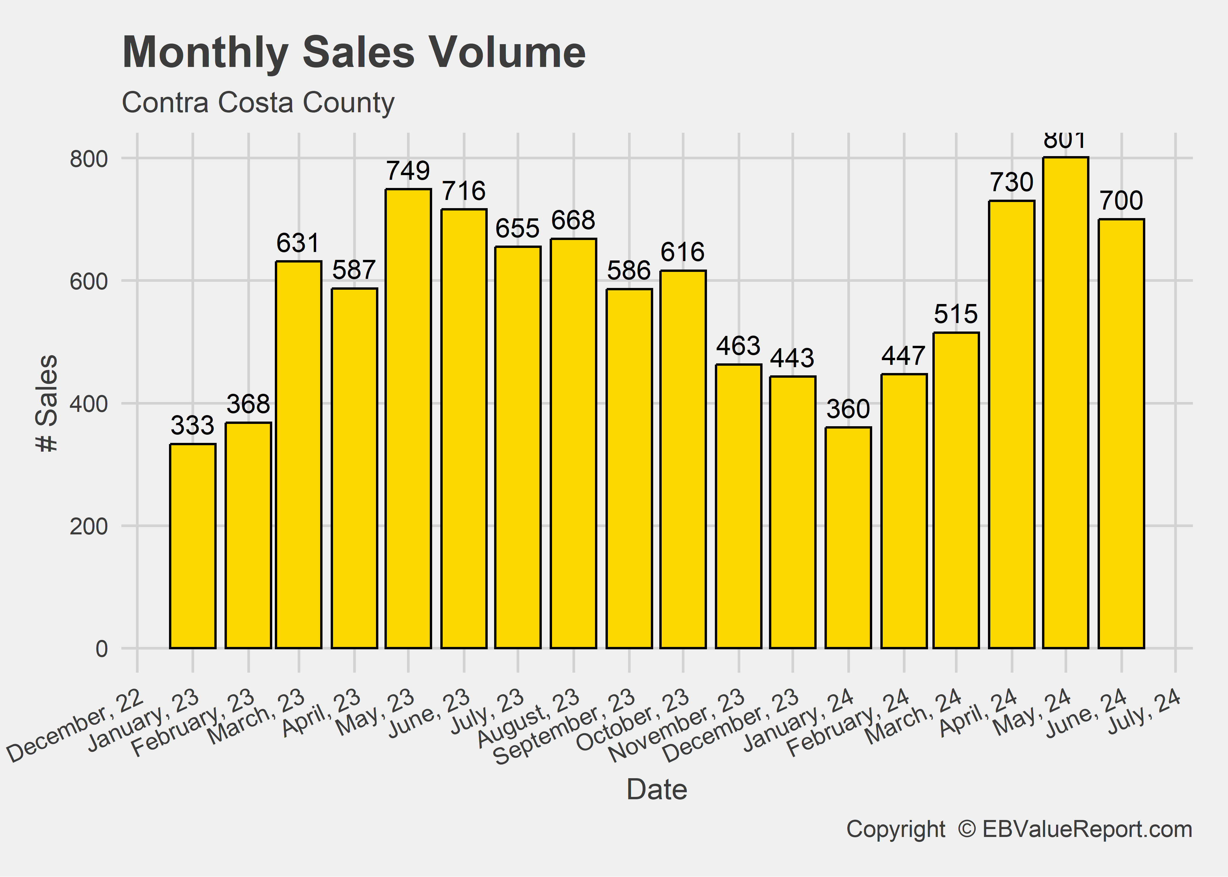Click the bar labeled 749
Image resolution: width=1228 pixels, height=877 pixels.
408,419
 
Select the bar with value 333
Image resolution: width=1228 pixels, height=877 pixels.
193,545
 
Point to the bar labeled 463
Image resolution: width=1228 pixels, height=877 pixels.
738,506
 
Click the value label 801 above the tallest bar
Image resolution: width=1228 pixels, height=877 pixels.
1065,141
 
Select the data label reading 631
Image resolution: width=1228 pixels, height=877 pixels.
299,243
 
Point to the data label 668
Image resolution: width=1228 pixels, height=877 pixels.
573,220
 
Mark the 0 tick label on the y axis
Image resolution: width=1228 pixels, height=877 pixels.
101,649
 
